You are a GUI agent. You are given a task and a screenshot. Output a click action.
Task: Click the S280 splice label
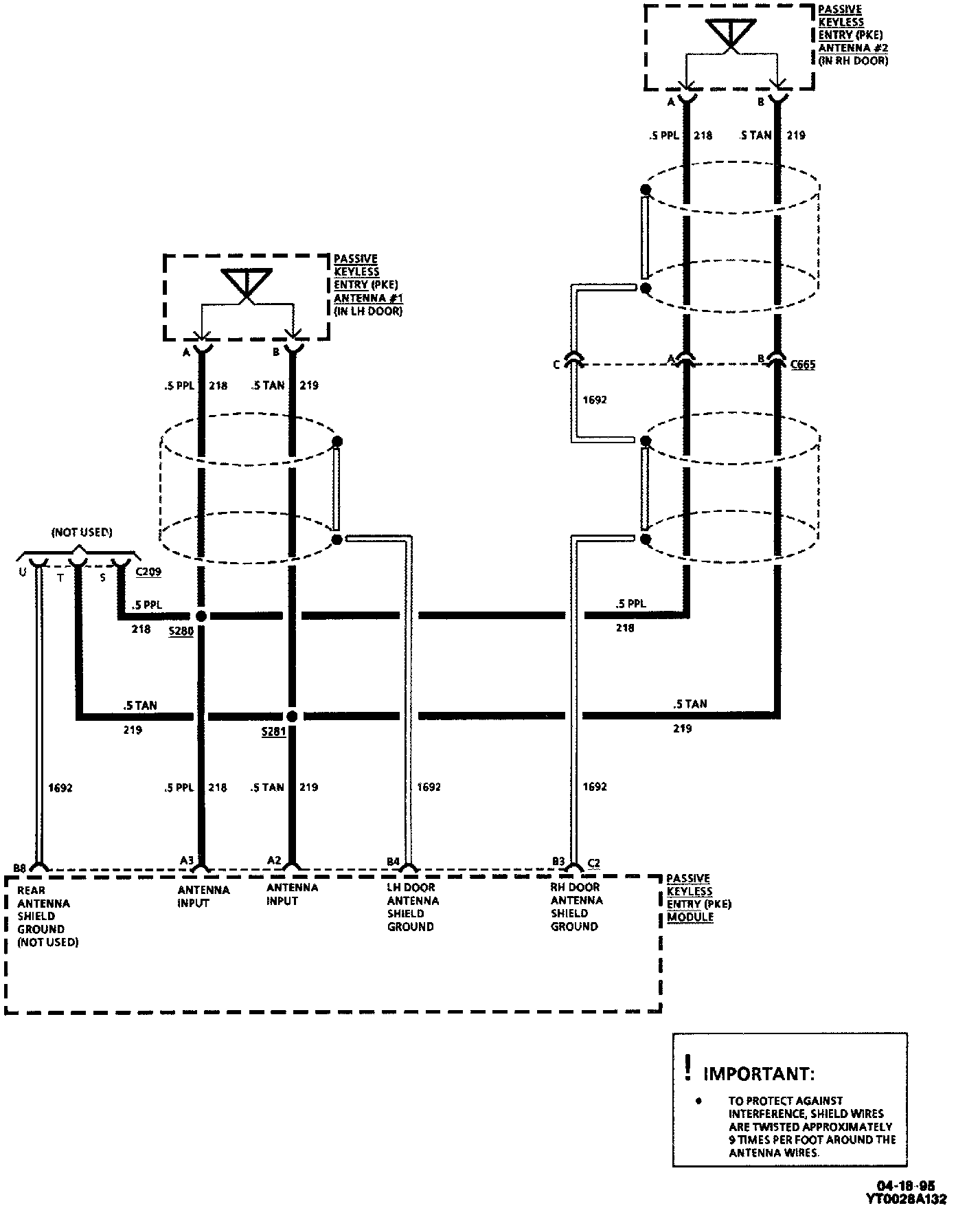pyautogui.click(x=181, y=631)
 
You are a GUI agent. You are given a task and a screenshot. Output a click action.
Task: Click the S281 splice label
pyautogui.click(x=273, y=732)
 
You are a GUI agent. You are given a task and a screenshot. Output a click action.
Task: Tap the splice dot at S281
pyautogui.click(x=292, y=717)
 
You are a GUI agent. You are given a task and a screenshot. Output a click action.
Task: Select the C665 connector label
pyautogui.click(x=802, y=364)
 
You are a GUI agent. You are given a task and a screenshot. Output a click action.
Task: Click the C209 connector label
pyautogui.click(x=148, y=572)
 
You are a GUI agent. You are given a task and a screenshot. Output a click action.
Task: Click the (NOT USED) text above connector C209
pyautogui.click(x=82, y=533)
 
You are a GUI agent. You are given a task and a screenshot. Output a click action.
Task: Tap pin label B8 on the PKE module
pyautogui.click(x=19, y=869)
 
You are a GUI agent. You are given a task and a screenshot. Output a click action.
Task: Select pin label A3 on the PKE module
pyautogui.click(x=187, y=860)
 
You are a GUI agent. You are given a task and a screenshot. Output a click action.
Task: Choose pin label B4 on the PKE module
pyautogui.click(x=393, y=862)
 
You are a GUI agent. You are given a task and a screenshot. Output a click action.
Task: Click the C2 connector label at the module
pyautogui.click(x=594, y=862)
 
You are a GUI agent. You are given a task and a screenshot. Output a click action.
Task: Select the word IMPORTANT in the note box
pyautogui.click(x=760, y=1073)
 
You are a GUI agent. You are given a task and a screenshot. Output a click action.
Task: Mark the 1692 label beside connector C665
pyautogui.click(x=595, y=400)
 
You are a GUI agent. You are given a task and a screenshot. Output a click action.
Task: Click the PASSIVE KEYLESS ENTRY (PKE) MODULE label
pyautogui.click(x=698, y=897)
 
